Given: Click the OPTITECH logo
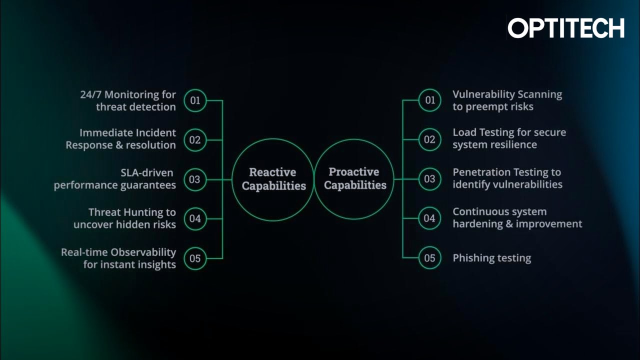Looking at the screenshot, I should point(566,28).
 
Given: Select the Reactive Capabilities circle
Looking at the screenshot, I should point(273,179).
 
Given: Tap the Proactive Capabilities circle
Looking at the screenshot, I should point(354,178).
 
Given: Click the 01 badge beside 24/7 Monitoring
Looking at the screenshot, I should point(195,100).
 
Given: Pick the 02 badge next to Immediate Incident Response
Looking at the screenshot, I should point(195,140).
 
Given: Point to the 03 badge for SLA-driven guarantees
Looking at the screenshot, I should point(195,179).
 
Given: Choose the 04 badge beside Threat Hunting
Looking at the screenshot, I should point(195,219).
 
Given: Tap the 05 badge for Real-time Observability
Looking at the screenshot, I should point(195,258).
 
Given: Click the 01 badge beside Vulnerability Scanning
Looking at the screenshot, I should point(430,100).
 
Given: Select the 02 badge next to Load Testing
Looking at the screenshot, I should point(430,139).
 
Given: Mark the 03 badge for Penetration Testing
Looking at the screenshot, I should point(430,179).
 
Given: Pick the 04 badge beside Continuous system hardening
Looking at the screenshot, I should point(430,218).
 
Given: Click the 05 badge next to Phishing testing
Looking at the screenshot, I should point(430,258).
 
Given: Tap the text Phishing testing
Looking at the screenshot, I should point(491,258).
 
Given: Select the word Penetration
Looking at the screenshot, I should point(481,172).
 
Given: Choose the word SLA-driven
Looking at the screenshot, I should point(146,173).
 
